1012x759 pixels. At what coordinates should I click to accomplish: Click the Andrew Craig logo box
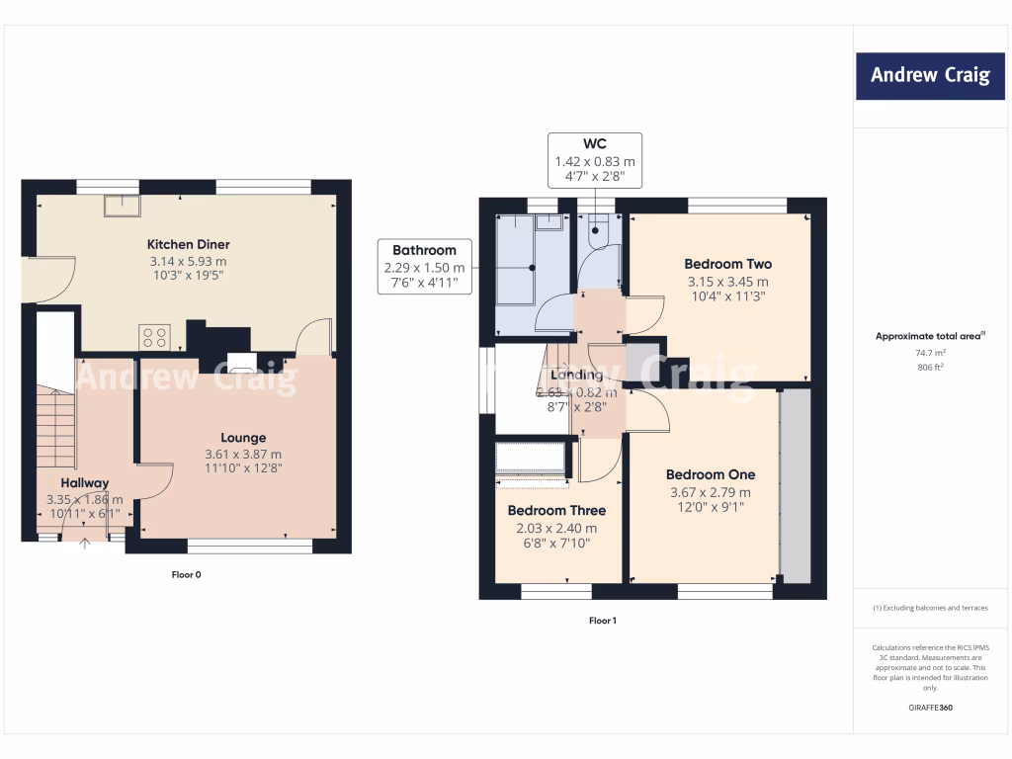[929, 75]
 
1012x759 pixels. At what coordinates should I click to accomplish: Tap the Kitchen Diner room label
[188, 244]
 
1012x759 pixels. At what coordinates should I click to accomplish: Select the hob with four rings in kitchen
[155, 337]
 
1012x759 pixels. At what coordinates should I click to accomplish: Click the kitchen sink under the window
[124, 204]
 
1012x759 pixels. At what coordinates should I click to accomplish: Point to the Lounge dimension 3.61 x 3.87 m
[243, 454]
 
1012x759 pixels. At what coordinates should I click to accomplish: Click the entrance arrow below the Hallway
[85, 543]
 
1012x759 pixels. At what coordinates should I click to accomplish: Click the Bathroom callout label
[424, 250]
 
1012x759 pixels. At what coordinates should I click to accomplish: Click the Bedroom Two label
[727, 264]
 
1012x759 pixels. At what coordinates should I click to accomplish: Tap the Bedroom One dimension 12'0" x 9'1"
[710, 508]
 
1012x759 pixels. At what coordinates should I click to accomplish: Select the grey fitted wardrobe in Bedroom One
[795, 486]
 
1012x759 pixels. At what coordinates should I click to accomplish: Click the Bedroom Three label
[556, 511]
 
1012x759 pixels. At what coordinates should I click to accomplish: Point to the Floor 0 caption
[186, 574]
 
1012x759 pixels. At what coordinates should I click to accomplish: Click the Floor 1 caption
[602, 621]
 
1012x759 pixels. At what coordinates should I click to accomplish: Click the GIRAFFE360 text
[929, 708]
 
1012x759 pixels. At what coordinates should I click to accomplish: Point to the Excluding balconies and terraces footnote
[929, 608]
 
